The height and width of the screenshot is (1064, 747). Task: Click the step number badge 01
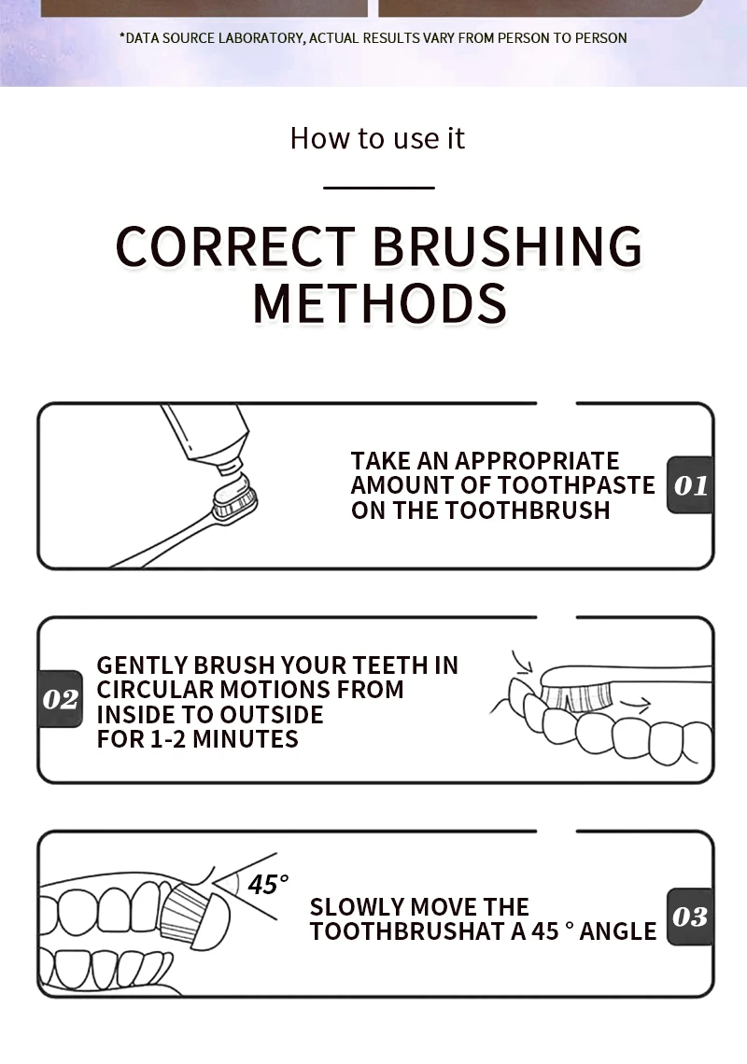[690, 485]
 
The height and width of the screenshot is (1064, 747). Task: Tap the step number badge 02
[60, 699]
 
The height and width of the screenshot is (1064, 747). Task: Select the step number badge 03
[690, 917]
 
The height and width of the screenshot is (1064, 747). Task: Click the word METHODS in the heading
[380, 303]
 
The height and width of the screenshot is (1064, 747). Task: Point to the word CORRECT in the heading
[235, 245]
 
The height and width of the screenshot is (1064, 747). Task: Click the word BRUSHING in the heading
[507, 245]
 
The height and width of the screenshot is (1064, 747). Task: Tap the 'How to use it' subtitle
[377, 138]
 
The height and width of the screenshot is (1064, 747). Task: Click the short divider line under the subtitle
[379, 188]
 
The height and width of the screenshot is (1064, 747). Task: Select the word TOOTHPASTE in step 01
[577, 485]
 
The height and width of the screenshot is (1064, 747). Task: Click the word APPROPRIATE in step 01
[537, 461]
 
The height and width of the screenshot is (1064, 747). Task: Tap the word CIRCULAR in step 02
[156, 690]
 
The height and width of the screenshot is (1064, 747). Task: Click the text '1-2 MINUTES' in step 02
[224, 739]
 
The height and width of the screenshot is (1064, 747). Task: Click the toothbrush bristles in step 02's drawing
[577, 697]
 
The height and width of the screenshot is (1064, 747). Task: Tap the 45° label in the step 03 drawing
[268, 884]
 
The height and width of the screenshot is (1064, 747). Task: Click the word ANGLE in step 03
[618, 931]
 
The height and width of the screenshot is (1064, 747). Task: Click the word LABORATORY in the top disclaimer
[262, 38]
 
